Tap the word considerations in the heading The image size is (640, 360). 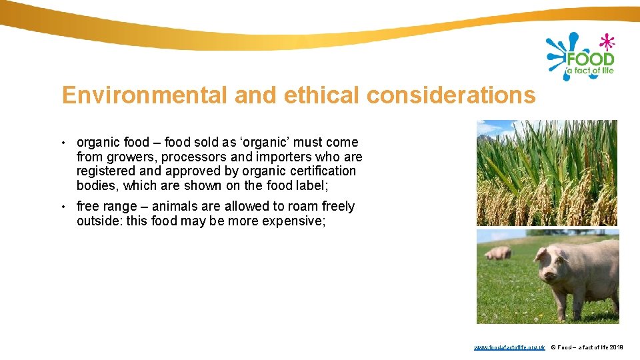click(x=451, y=95)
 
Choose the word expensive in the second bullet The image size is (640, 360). click(x=295, y=221)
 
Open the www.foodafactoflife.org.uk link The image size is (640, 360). click(x=509, y=347)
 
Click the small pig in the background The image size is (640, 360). click(x=498, y=253)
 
